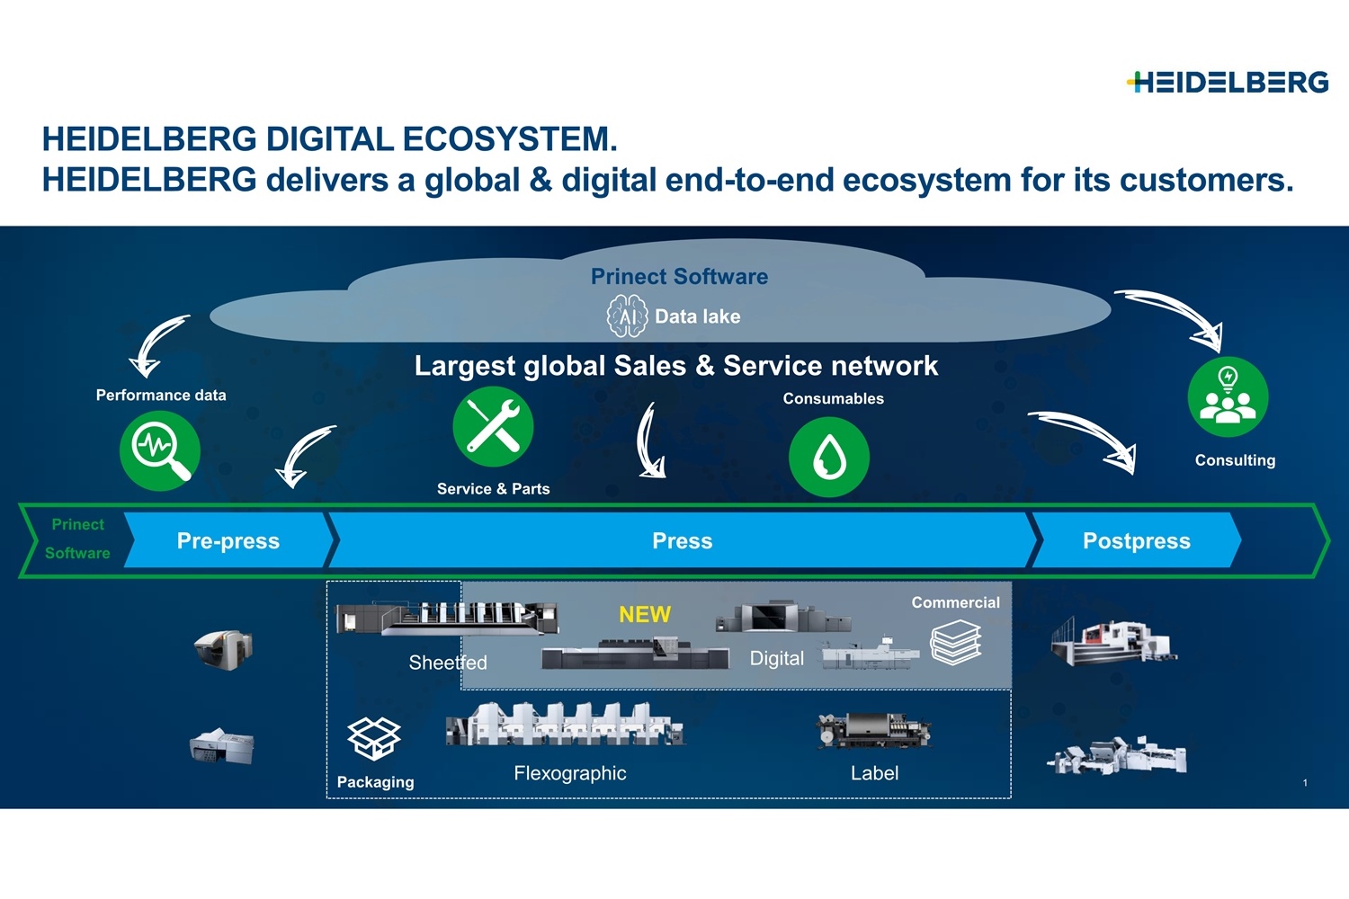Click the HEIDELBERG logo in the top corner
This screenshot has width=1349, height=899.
tap(1228, 83)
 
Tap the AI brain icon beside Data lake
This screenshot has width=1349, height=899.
tap(628, 316)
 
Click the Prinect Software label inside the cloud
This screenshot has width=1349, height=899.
tap(679, 276)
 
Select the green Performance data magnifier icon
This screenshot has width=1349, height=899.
tap(159, 450)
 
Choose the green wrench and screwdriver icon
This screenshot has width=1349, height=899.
tap(493, 426)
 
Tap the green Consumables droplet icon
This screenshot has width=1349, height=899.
tap(829, 457)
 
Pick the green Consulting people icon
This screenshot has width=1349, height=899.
tap(1228, 396)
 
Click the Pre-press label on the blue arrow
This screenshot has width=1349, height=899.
tap(228, 540)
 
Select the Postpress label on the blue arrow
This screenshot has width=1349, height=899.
tap(1137, 540)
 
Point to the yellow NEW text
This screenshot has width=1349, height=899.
tap(645, 614)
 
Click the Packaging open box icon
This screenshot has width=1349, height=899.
tap(374, 738)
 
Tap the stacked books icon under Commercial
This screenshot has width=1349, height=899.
tap(956, 643)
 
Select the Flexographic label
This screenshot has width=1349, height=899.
tap(569, 773)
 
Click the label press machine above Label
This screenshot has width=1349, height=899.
tap(874, 730)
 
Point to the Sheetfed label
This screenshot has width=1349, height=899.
tap(448, 663)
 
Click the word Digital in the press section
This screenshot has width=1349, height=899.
tap(777, 659)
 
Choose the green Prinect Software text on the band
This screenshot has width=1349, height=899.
tap(77, 539)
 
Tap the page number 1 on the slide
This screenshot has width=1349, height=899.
tap(1305, 783)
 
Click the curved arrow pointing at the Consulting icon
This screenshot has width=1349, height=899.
tap(1175, 316)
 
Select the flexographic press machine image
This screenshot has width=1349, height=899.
tap(565, 725)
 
